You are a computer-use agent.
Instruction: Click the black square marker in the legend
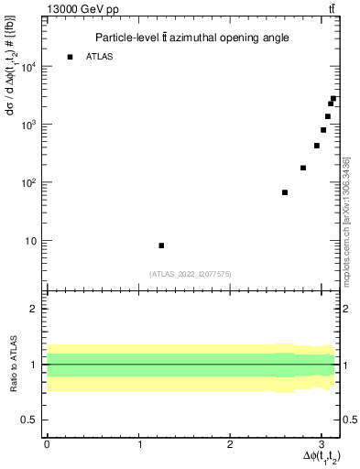[x=70, y=57]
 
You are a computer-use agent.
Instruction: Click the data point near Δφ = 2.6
[x=285, y=192]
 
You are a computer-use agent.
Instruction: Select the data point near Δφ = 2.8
[x=303, y=168]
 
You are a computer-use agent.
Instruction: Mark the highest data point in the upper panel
[x=333, y=99]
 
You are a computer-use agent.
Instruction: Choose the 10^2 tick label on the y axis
[x=28, y=182]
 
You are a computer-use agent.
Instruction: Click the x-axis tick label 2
[x=231, y=443]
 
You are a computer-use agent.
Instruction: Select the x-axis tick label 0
[x=47, y=443]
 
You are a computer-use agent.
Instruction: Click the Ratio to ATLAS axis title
[x=11, y=364]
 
